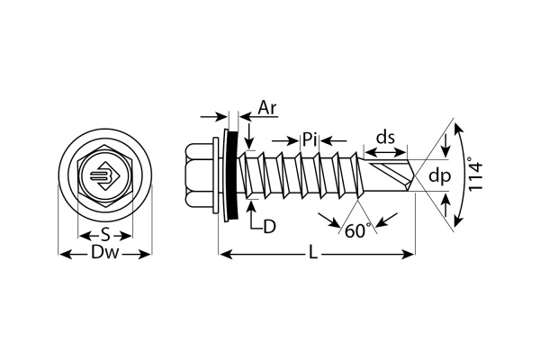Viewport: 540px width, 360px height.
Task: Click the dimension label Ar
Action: [267, 109]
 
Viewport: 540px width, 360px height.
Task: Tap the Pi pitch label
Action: [310, 139]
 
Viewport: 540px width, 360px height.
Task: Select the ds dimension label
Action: [386, 138]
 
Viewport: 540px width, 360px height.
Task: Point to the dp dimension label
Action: [438, 176]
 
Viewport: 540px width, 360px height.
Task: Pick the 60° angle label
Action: [357, 230]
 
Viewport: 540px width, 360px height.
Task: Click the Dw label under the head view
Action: [105, 255]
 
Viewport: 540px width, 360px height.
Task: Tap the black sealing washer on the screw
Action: [230, 172]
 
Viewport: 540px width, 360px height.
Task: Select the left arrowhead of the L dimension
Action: [224, 256]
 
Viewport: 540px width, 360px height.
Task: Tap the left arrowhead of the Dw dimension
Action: [64, 255]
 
